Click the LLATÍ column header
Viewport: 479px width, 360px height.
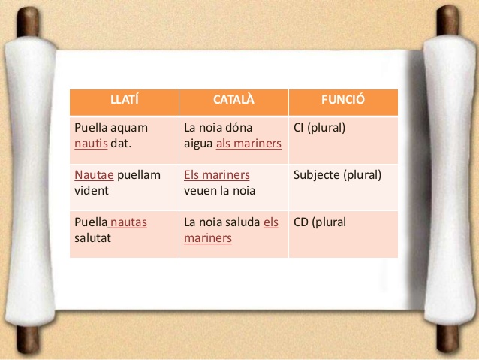tap(125, 100)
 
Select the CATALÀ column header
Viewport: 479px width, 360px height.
tap(233, 100)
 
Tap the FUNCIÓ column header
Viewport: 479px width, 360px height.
tap(343, 100)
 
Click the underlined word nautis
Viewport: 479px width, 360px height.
tap(91, 143)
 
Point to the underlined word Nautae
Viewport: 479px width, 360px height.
tap(94, 175)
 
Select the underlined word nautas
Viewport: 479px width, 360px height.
tap(128, 222)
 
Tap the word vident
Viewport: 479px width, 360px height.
tap(92, 191)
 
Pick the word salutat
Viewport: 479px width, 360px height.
tap(92, 238)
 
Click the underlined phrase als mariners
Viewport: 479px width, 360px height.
tap(249, 143)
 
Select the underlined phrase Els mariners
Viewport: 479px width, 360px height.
tap(217, 175)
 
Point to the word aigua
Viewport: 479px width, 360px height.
tap(198, 144)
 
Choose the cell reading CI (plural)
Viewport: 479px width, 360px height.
tap(320, 128)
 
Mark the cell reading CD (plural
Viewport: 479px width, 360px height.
tap(320, 222)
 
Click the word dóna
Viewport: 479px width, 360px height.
tap(239, 128)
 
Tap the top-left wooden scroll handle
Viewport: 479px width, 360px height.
tap(28, 22)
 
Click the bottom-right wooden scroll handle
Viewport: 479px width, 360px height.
tap(447, 339)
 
